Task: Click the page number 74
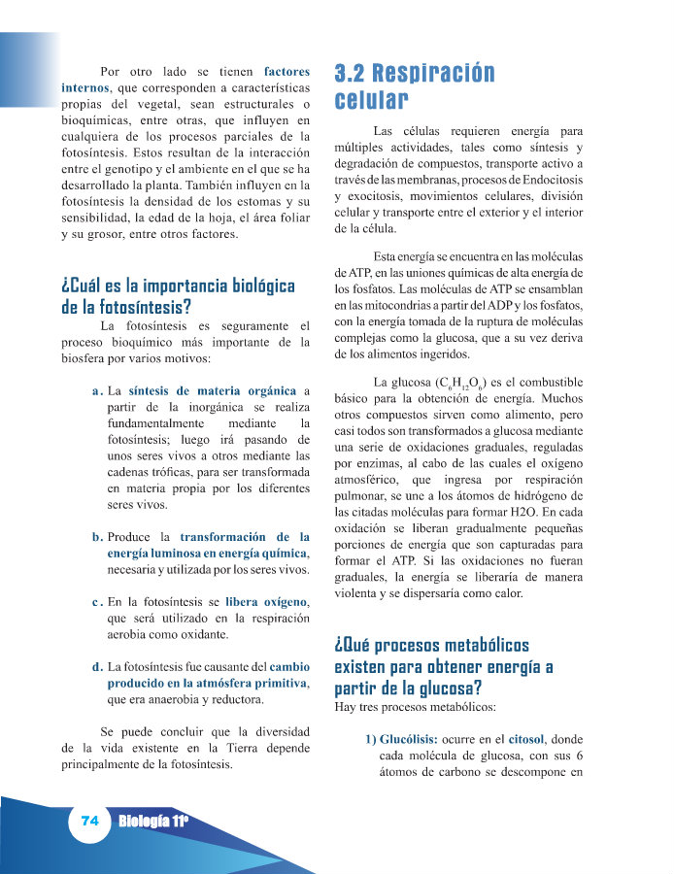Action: [x=90, y=821]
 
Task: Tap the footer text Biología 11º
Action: [x=152, y=822]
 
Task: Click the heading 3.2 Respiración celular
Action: [x=414, y=86]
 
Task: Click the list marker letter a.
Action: [x=96, y=391]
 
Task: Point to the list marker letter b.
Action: [x=97, y=536]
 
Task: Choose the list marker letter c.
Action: [x=97, y=602]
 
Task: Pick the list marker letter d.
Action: [x=97, y=667]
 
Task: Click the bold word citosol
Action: [x=523, y=739]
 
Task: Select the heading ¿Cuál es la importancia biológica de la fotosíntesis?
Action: [x=178, y=297]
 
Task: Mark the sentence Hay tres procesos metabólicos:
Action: [x=415, y=707]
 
